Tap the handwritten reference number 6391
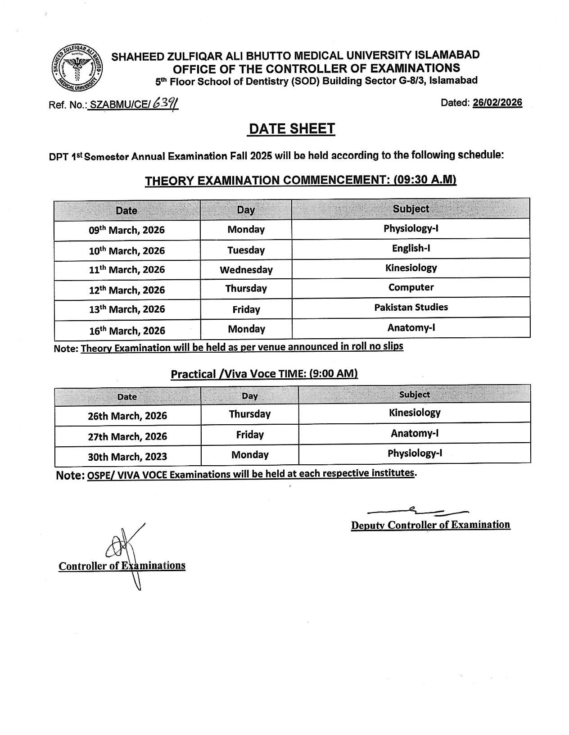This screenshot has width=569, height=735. (x=165, y=104)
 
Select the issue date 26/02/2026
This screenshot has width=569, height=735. (x=497, y=103)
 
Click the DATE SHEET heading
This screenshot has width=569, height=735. (x=292, y=129)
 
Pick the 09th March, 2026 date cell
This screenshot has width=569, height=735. (x=126, y=230)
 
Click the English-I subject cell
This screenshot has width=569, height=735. (x=411, y=248)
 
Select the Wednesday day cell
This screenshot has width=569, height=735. (x=246, y=270)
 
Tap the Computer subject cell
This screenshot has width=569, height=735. (x=411, y=287)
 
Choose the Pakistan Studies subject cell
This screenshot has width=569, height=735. (x=411, y=307)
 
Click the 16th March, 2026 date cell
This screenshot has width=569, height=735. (x=127, y=331)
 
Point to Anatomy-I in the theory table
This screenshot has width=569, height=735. (x=411, y=327)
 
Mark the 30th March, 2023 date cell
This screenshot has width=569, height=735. (x=127, y=457)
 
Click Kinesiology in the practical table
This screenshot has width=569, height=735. (x=414, y=413)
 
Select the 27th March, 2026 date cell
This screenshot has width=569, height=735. (x=127, y=436)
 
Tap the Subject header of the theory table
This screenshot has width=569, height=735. (x=411, y=209)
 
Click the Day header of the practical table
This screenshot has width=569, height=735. (x=249, y=396)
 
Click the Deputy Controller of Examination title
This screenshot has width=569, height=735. (x=430, y=525)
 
